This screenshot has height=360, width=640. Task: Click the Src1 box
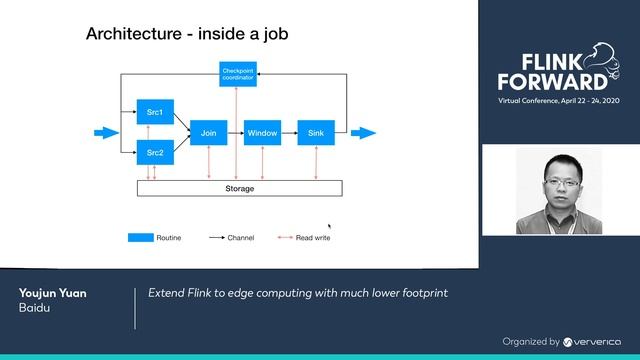154,112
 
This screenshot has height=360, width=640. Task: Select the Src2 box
154,153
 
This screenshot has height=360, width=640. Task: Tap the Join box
208,132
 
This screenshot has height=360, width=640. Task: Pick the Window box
261,132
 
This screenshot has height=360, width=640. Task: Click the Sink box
316,132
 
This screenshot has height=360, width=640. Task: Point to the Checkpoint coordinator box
237,73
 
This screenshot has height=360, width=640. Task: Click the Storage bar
239,188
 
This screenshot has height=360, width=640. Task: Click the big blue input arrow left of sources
106,132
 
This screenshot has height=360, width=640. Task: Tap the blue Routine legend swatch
139,238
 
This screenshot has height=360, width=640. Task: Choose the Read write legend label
312,238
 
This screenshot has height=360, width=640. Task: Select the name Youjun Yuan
52,293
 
